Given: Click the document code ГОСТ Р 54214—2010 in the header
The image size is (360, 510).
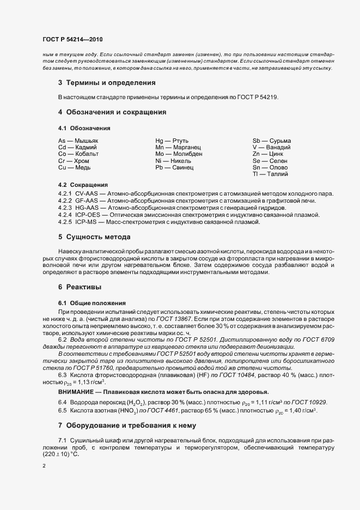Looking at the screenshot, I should click(x=72, y=40).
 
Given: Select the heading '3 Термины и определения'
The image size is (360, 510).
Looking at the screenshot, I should click(x=107, y=83).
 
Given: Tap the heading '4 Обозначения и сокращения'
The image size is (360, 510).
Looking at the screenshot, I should click(x=113, y=112).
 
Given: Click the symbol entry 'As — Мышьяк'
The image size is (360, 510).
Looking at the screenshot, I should click(x=78, y=141).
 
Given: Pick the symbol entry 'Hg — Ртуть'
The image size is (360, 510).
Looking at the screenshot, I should click(x=170, y=141).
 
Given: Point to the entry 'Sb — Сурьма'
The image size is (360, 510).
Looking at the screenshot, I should click(x=272, y=141).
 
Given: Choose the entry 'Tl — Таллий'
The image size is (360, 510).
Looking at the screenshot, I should click(x=271, y=174).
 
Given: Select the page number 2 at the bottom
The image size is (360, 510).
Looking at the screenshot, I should click(x=44, y=466).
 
